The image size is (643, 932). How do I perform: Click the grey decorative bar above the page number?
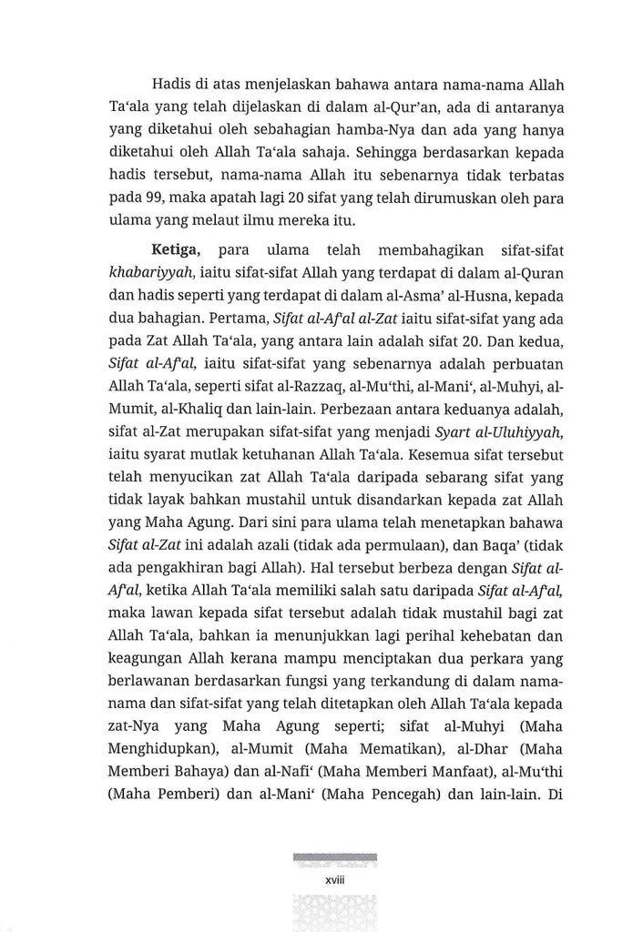(333, 857)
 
